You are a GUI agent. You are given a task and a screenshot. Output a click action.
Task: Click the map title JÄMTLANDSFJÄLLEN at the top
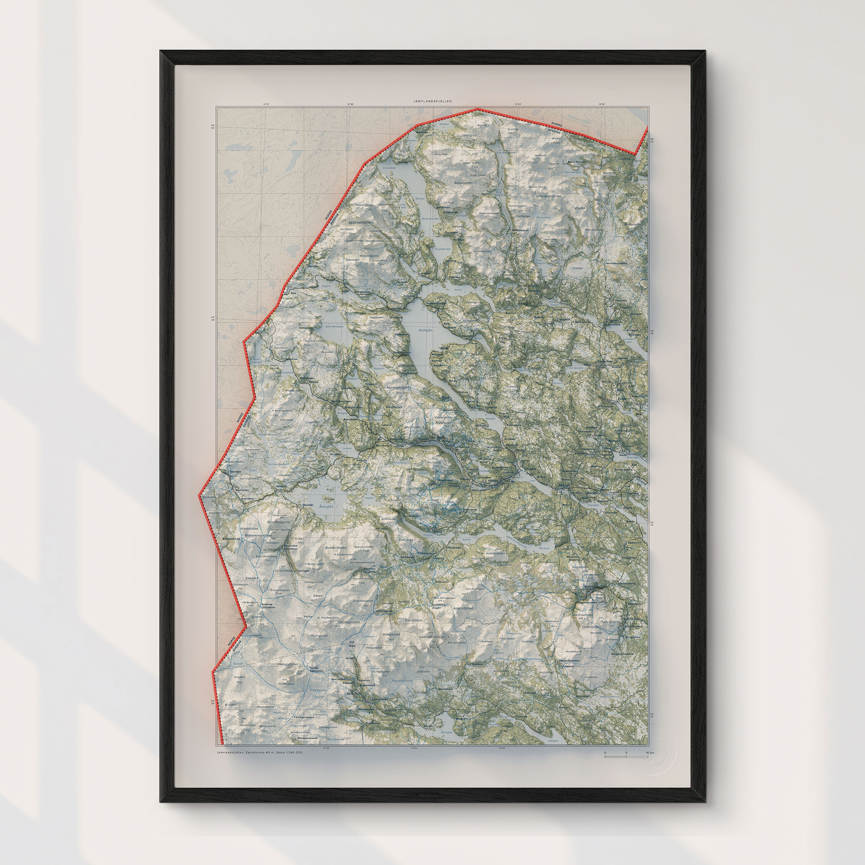(x=432, y=101)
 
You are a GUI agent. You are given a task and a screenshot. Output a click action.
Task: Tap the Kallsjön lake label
(x=425, y=330)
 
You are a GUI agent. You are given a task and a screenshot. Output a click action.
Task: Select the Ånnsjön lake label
(x=326, y=506)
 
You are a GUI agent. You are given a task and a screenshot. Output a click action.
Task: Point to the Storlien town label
(x=235, y=471)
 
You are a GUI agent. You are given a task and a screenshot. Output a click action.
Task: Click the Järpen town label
(x=530, y=469)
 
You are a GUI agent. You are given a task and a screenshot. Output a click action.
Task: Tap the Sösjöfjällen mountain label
(x=464, y=183)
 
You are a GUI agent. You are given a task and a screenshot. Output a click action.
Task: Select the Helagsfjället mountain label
(x=288, y=664)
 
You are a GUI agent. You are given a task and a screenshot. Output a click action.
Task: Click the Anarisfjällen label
(x=463, y=609)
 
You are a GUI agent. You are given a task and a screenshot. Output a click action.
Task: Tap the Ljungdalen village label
(x=379, y=699)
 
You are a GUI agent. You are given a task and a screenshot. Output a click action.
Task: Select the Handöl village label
(x=309, y=505)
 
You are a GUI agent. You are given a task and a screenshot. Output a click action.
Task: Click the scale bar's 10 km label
(x=650, y=753)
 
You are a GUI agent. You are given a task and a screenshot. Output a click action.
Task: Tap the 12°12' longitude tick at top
(x=267, y=104)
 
